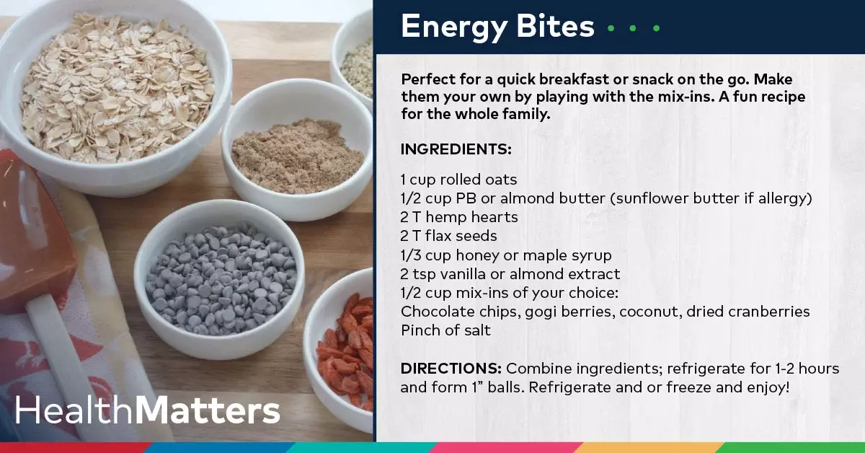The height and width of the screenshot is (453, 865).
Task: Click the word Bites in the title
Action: tap(555, 26)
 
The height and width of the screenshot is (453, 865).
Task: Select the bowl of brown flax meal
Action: tap(296, 150)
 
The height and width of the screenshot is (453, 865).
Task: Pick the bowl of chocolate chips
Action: tap(219, 279)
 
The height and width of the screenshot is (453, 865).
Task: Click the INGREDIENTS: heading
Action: tap(456, 149)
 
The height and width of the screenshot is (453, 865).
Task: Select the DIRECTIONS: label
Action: tap(451, 369)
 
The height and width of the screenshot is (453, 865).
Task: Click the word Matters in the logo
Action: tap(208, 410)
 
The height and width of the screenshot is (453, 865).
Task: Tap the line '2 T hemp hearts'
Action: tap(459, 217)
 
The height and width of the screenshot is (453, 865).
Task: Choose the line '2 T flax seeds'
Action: tap(448, 236)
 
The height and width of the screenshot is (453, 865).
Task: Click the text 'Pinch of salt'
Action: tap(445, 330)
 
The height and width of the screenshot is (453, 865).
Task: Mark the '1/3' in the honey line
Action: tap(410, 255)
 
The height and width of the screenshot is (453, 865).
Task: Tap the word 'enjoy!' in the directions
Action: tap(768, 387)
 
